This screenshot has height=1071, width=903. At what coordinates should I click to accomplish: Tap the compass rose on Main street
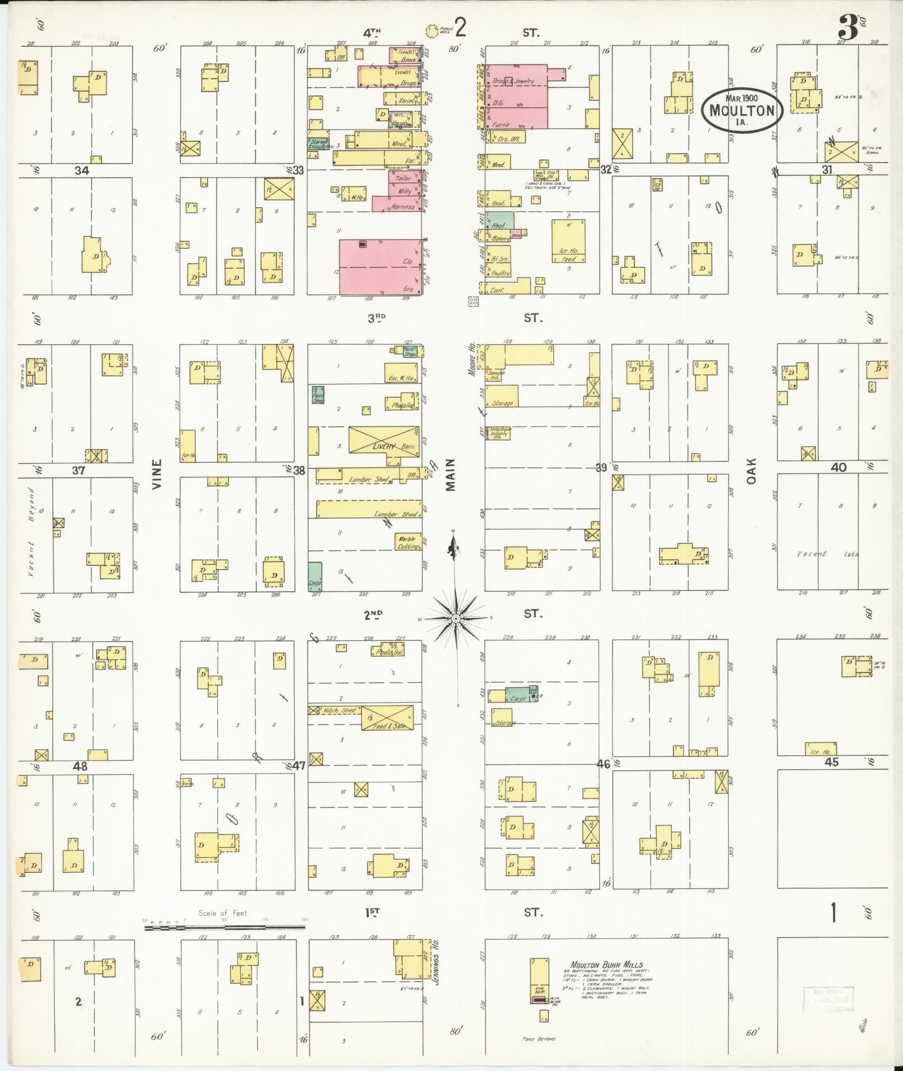point(457,618)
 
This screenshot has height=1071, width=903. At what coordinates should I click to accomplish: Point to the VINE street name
point(157,474)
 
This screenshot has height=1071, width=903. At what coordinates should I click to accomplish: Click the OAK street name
point(751,471)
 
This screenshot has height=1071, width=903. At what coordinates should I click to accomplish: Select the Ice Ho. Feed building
point(568,241)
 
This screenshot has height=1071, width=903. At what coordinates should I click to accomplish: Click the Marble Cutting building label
point(408,542)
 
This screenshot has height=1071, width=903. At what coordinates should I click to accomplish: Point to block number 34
point(82,170)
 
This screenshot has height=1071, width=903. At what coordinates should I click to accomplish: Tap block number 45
point(831,762)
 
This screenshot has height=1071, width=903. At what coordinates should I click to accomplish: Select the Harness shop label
point(402,207)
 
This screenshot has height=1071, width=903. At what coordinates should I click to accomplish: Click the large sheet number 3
point(848,28)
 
